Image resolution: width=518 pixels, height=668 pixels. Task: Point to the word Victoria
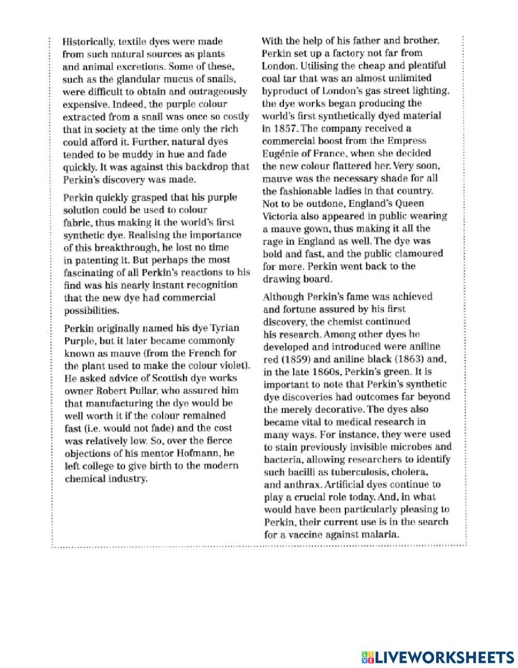coord(282,216)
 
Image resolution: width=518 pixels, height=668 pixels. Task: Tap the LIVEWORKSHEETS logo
coord(435,643)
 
